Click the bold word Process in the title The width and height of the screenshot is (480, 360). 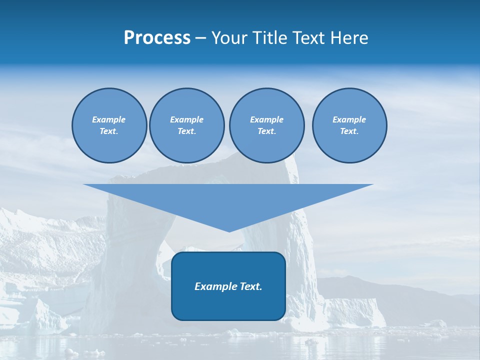click(x=157, y=38)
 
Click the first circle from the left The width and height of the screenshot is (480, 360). click(x=109, y=125)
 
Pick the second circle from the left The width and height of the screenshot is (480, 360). click(x=187, y=125)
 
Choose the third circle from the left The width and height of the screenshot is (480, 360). click(x=267, y=125)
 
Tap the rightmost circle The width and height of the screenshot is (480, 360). click(x=349, y=125)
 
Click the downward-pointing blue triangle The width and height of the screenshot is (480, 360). click(x=228, y=200)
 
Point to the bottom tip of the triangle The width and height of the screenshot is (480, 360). click(x=229, y=231)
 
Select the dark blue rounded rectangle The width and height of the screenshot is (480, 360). click(x=228, y=300)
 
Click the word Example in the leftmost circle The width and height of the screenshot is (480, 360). click(x=109, y=119)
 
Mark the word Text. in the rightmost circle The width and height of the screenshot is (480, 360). click(x=349, y=131)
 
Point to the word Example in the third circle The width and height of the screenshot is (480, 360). click(x=267, y=119)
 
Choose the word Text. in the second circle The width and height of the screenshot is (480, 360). click(x=187, y=131)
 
